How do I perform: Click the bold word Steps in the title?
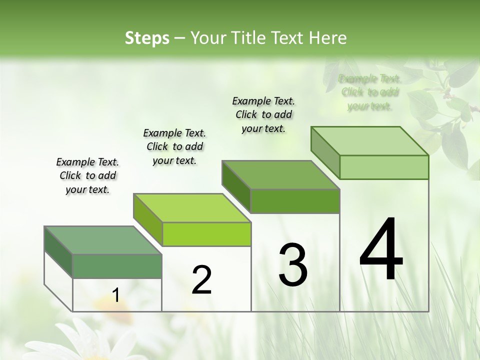click(147, 38)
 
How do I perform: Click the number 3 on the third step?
click(293, 265)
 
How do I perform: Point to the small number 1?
click(115, 295)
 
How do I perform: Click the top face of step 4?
click(370, 141)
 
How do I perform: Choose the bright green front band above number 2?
click(206, 234)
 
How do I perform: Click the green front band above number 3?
click(295, 201)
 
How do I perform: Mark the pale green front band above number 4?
click(384, 167)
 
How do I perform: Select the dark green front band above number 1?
click(117, 266)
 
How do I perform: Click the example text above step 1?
click(87, 175)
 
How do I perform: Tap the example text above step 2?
click(174, 146)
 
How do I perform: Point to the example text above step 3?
click(263, 114)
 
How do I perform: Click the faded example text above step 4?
click(370, 92)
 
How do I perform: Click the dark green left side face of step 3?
click(236, 186)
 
